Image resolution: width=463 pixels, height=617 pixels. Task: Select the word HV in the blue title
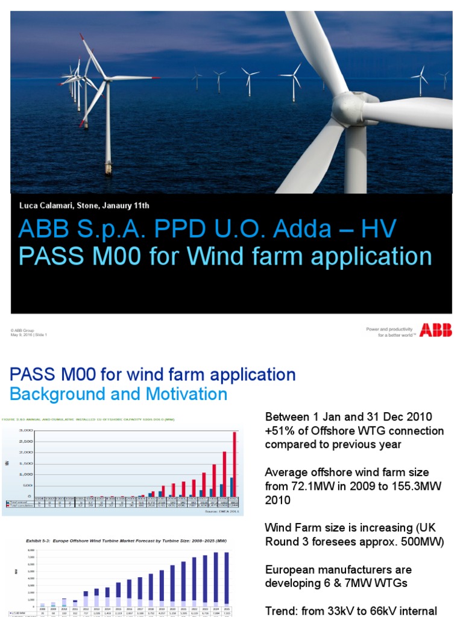point(379,229)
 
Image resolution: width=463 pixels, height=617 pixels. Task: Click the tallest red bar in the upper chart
point(235,464)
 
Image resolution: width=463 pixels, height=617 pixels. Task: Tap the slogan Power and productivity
point(389,329)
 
